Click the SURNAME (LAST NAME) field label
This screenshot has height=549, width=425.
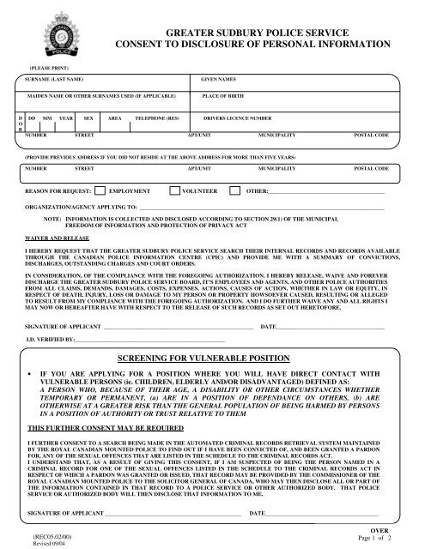point(56,78)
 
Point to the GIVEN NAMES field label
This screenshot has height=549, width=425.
point(218,78)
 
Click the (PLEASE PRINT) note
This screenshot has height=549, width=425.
point(50,66)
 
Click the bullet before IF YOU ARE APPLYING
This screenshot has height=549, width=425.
point(31,375)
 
